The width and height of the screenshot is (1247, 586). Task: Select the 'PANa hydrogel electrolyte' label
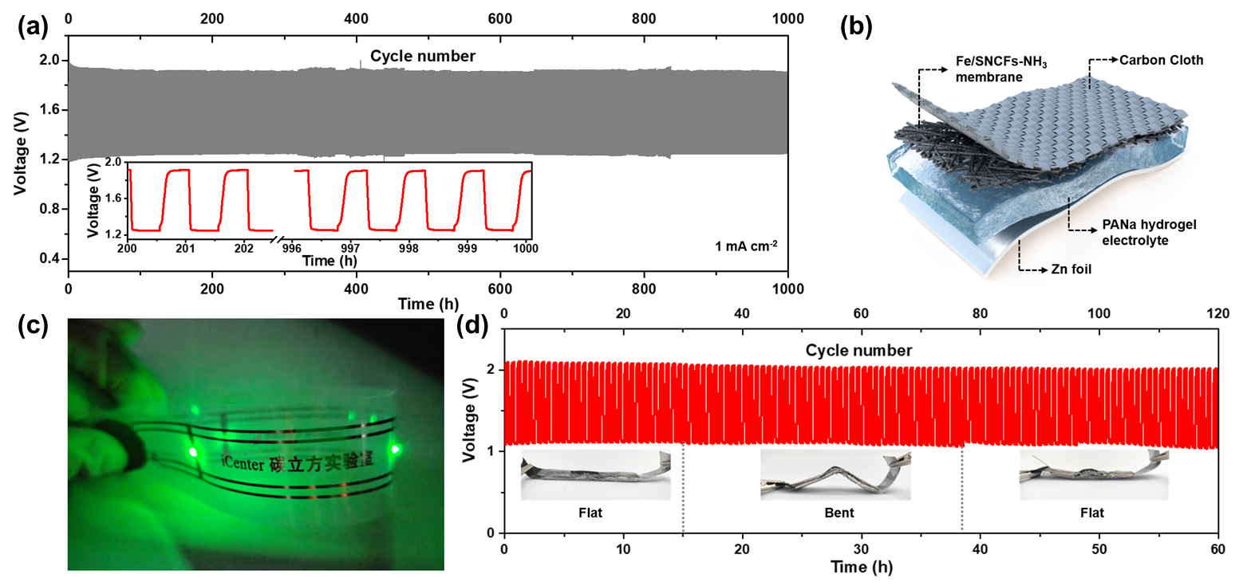(1113, 233)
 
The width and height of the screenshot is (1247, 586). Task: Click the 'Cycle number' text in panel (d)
(858, 351)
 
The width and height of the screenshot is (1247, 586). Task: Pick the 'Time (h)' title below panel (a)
(428, 304)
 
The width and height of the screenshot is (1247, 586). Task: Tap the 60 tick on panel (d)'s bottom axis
(1217, 551)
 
